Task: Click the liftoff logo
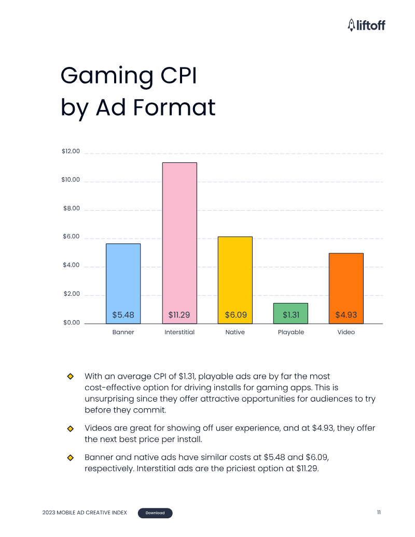coord(366,24)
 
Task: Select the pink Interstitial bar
coord(179,233)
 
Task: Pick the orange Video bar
coord(346,280)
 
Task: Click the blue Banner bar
coord(123,275)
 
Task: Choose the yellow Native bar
coord(235,270)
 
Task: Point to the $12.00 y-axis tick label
coord(71,152)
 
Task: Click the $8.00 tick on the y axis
coord(71,209)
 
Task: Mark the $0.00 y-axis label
coord(72,323)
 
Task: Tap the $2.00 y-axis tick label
coord(71,294)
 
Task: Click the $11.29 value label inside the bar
coord(179,315)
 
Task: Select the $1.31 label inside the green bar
coord(290,315)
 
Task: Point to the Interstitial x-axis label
coord(179,332)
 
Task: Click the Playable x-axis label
coord(290,332)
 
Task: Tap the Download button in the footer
coord(155,513)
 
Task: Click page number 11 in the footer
coord(379,513)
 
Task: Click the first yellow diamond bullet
coord(70,376)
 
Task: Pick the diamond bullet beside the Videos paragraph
coord(70,429)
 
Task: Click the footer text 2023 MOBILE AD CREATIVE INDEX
coord(85,513)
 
